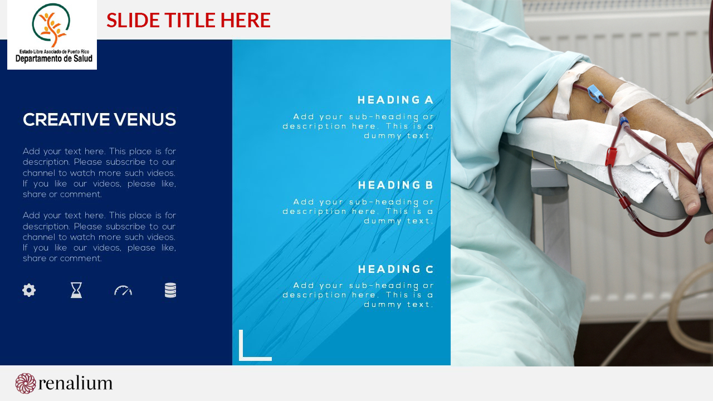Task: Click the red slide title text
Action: tap(188, 19)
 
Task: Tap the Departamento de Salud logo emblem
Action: tap(51, 26)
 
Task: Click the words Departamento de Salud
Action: tap(54, 58)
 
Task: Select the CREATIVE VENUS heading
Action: tap(99, 120)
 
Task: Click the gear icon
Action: tap(29, 290)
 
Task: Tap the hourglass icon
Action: tap(76, 290)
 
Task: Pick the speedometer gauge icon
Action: tap(123, 291)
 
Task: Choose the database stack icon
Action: tap(170, 290)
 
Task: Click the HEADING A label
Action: tap(395, 100)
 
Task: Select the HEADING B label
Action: tap(395, 185)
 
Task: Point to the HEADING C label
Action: tap(395, 269)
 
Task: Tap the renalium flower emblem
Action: tap(26, 383)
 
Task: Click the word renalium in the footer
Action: tap(75, 383)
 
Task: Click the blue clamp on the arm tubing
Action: tap(595, 94)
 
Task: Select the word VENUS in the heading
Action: tap(145, 120)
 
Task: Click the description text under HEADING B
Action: tap(358, 211)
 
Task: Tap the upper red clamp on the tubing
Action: tap(611, 157)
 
